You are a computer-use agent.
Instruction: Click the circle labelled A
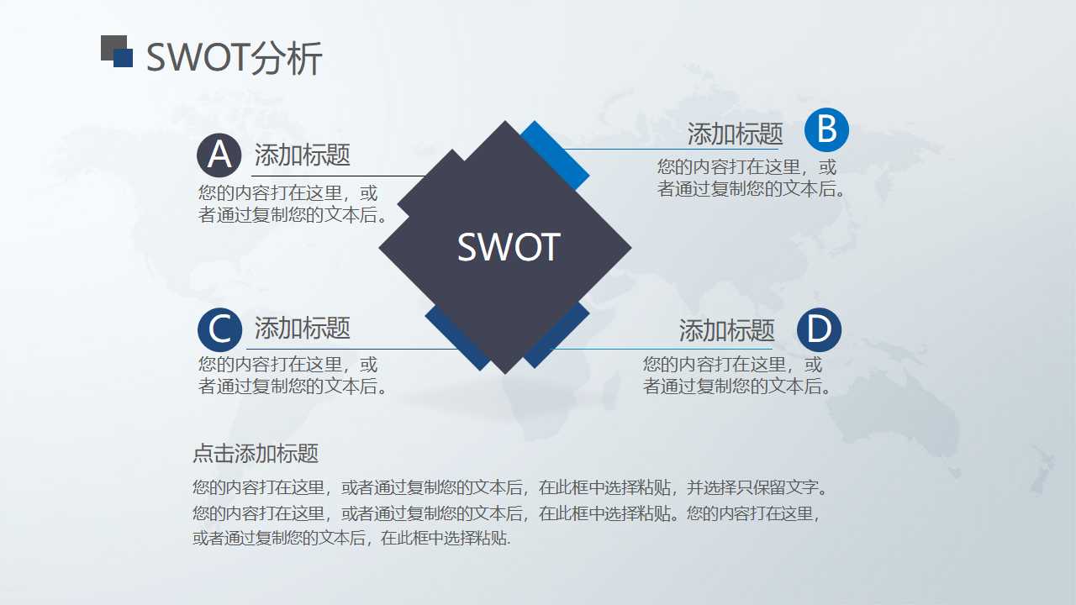219,155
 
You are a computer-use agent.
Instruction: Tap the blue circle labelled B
826,130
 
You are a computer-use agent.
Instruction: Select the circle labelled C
219,329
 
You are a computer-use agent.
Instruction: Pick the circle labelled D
819,329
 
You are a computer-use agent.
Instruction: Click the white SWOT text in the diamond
508,247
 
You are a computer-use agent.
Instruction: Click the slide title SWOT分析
234,58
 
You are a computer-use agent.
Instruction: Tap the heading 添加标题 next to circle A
302,155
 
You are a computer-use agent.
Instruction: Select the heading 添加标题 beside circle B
735,134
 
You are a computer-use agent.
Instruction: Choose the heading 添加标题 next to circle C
302,328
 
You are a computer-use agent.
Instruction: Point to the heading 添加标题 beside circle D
726,330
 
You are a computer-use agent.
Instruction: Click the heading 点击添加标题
256,454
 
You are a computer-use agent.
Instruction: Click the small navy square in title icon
124,58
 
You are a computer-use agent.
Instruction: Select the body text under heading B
751,177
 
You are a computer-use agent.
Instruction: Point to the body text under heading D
737,376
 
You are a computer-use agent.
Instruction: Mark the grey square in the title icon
109,45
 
